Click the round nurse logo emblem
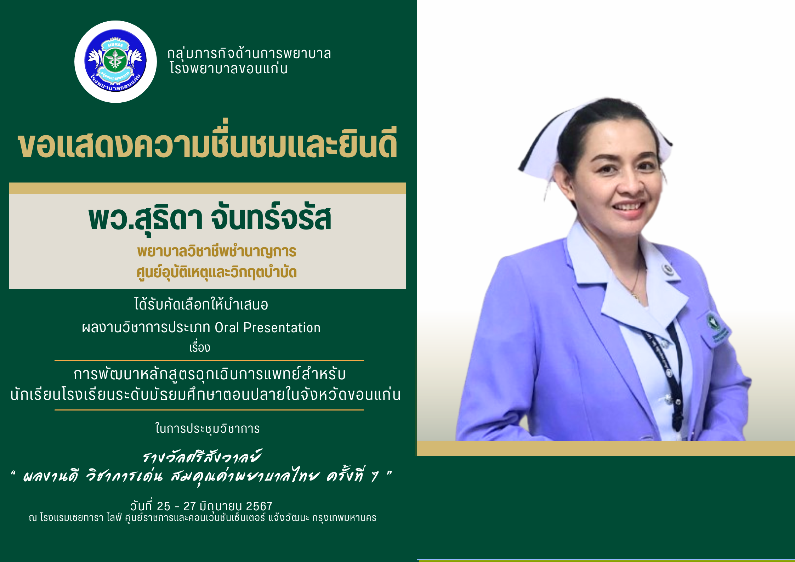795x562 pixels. coord(115,62)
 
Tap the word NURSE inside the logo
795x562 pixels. coord(115,45)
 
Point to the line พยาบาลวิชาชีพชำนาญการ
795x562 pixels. coord(217,251)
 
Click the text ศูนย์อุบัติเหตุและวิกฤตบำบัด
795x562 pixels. coord(217,272)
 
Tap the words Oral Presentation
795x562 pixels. coord(267,328)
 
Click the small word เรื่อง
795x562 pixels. coord(200,347)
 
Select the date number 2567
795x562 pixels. coord(259,506)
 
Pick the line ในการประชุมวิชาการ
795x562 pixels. coord(208,428)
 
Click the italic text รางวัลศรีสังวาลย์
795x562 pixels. coord(202,456)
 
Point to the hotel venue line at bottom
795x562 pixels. coord(203,518)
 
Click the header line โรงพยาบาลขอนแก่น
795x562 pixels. coord(229,68)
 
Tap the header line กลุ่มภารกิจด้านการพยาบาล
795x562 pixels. coord(249,53)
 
